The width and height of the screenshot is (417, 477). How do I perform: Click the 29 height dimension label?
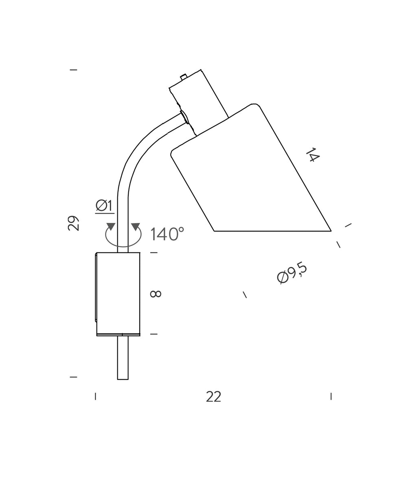click(x=73, y=223)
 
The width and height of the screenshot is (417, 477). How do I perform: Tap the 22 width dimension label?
click(x=213, y=397)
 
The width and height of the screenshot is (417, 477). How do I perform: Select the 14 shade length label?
click(x=313, y=155)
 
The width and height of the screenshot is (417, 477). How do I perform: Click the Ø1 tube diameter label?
click(x=104, y=206)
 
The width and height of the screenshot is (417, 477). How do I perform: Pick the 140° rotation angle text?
click(x=167, y=234)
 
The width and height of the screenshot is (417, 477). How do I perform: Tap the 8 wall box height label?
click(x=156, y=294)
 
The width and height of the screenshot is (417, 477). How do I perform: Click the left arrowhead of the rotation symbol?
click(x=111, y=227)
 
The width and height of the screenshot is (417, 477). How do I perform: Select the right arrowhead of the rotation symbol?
click(x=135, y=227)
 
